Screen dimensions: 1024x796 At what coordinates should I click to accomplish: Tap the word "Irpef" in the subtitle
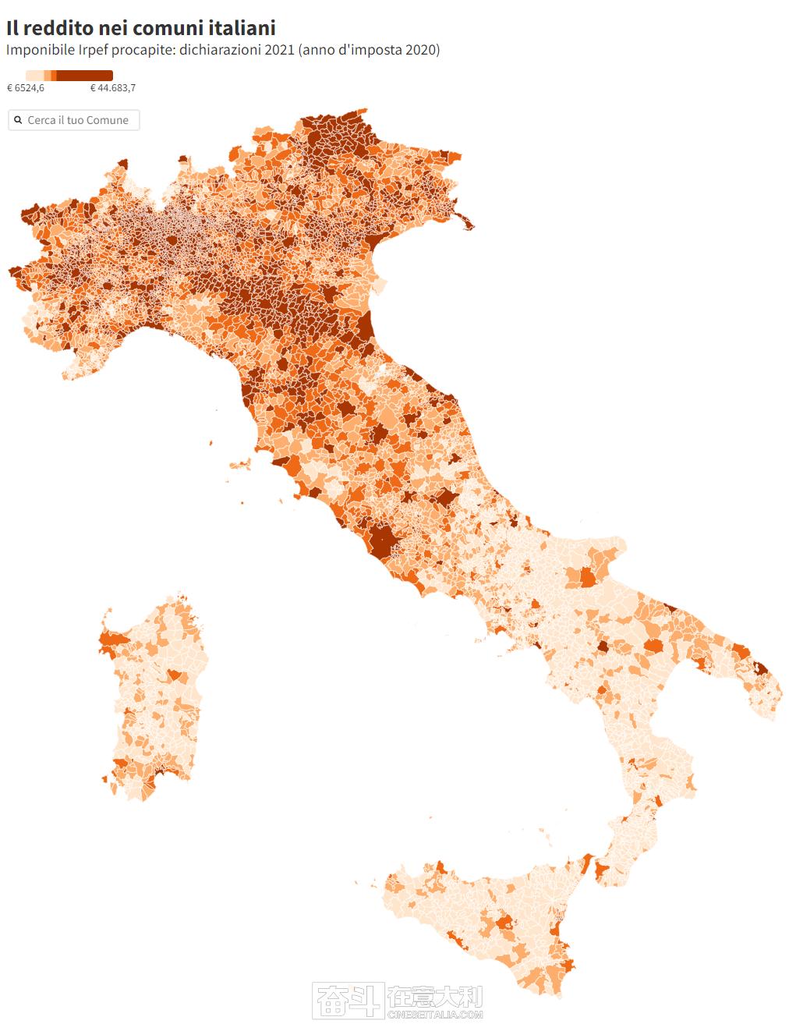click(96, 50)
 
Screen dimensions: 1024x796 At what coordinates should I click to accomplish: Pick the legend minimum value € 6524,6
click(26, 88)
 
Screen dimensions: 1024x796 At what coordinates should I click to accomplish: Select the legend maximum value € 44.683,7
click(113, 88)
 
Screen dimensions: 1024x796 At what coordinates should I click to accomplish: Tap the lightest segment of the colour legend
click(34, 76)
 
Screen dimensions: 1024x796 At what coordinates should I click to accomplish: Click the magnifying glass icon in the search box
click(18, 120)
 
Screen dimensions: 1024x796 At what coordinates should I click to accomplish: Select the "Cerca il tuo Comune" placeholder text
click(78, 120)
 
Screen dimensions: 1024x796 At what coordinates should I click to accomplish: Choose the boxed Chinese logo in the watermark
click(348, 1001)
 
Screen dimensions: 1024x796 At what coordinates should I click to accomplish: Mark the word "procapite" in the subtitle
click(147, 50)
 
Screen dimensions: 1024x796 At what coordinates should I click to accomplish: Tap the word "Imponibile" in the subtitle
click(39, 50)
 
